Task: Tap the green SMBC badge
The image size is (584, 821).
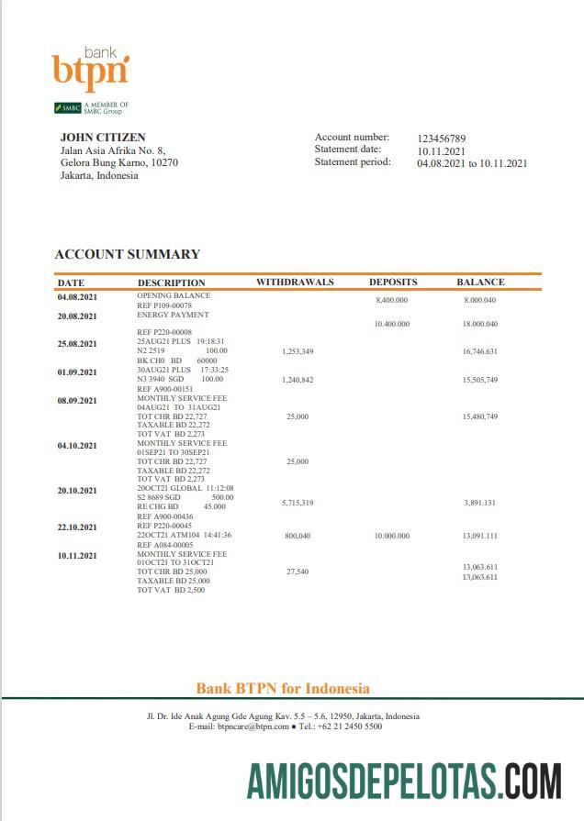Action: click(68, 108)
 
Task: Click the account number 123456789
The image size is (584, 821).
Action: click(442, 138)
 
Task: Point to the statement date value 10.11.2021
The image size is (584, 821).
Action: click(442, 150)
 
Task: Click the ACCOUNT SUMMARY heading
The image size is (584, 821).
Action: click(127, 254)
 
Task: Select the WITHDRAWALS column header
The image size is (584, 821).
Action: click(295, 282)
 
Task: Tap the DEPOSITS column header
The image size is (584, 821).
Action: click(393, 282)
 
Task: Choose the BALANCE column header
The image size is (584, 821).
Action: click(480, 282)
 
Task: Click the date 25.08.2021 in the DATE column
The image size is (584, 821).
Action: click(77, 344)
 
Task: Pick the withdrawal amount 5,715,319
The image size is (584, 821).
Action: click(298, 503)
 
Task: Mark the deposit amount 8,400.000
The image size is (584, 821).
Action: click(392, 300)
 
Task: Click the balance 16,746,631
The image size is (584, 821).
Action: click(480, 351)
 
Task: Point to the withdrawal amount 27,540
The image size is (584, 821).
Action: click(298, 571)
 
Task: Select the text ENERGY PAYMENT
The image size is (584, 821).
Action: click(173, 315)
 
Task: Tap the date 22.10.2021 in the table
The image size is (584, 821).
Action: click(77, 527)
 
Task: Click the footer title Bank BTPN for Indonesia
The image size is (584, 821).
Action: click(283, 688)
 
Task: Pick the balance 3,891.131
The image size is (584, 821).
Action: click(480, 503)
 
